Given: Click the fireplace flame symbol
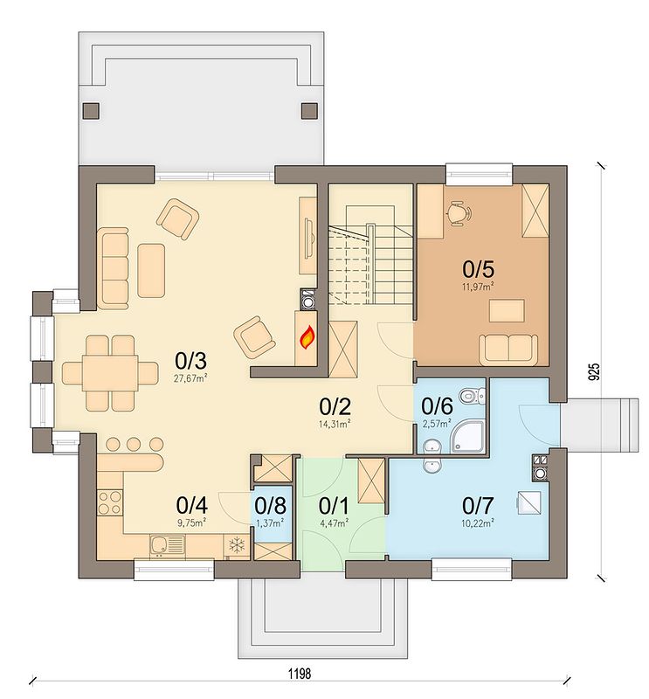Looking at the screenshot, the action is coord(307,337).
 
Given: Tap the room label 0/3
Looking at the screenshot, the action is coord(191,361).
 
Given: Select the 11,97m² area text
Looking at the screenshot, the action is coord(479,287).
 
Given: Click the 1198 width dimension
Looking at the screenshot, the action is coord(299,673).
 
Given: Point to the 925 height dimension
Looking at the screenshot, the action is coord(594,371).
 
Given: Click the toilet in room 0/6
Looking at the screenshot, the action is coord(473,395).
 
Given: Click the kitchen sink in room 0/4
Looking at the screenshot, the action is coord(167,545).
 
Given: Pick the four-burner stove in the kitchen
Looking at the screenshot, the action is coord(110,502).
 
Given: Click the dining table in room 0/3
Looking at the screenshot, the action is coord(110,373).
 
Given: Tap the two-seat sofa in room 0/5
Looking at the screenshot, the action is coord(508,348).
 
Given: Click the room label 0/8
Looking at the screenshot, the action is coord(271,506).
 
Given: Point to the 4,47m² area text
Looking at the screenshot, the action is coord(335,523).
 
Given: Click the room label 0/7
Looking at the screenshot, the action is coord(478,506).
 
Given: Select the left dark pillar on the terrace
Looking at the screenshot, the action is coord(91,111).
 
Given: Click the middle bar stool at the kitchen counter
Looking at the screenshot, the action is coord(134,444).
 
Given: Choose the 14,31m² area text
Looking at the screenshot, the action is coord(335,424).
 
